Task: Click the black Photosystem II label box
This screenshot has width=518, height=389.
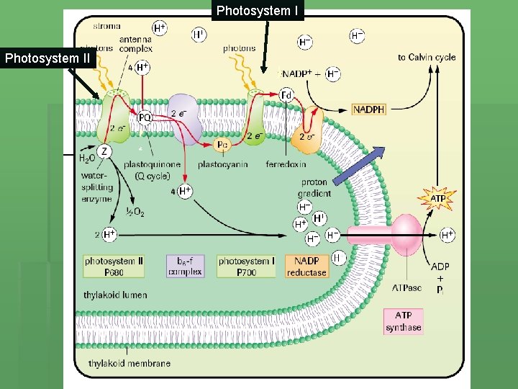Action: click(47, 58)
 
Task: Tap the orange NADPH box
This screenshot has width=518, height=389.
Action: click(369, 109)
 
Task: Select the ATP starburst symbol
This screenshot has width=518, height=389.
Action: click(437, 197)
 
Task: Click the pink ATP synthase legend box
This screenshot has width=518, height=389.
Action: click(403, 321)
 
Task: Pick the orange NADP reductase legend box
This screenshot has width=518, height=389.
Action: click(306, 267)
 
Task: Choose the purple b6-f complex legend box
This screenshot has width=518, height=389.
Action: click(184, 267)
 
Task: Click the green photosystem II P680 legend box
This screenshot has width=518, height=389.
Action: click(114, 267)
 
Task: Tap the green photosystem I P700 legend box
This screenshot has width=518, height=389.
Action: click(247, 267)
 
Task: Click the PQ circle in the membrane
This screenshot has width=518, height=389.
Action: click(145, 117)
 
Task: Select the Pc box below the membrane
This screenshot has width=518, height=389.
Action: click(223, 145)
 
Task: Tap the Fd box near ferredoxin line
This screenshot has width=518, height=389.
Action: click(286, 95)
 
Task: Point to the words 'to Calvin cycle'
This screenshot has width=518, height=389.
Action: click(427, 57)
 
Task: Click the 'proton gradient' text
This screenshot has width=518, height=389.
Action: click(314, 188)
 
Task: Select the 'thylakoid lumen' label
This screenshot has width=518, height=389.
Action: click(114, 295)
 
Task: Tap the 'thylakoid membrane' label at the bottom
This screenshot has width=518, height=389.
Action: click(129, 363)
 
